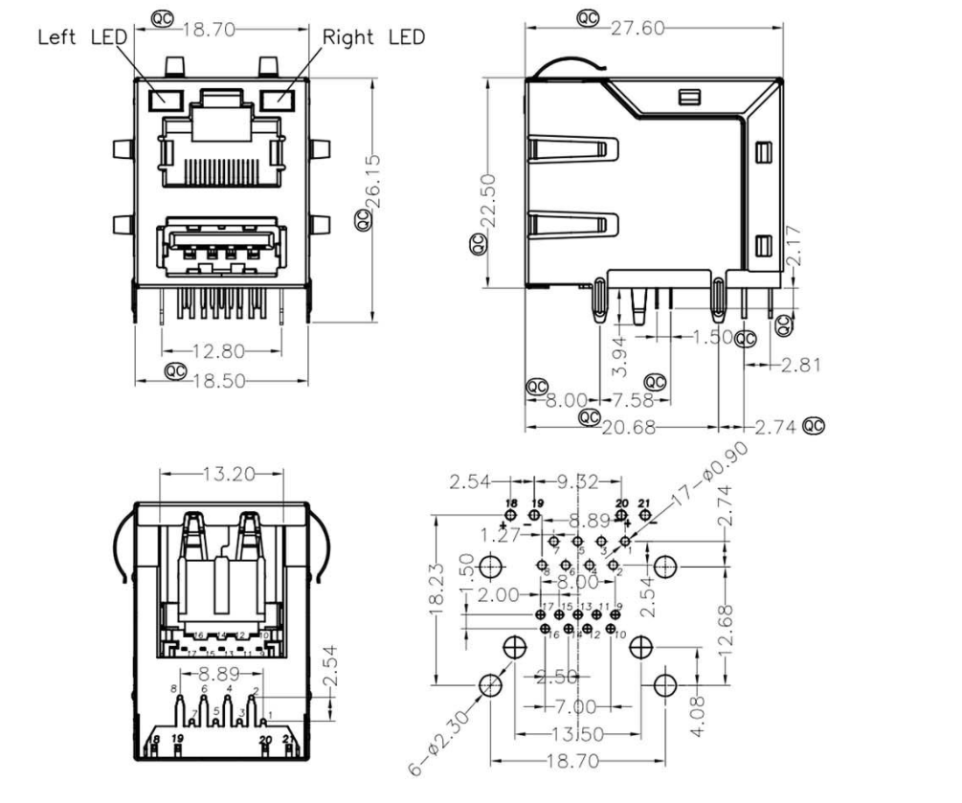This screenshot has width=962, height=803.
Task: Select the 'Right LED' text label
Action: click(373, 37)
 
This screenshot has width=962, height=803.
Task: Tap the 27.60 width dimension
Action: click(637, 28)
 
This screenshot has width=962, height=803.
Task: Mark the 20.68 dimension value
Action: click(630, 427)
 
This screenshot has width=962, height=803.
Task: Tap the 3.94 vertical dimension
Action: click(620, 354)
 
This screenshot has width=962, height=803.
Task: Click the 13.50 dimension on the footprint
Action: click(576, 735)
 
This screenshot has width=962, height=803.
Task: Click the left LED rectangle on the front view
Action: click(166, 98)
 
